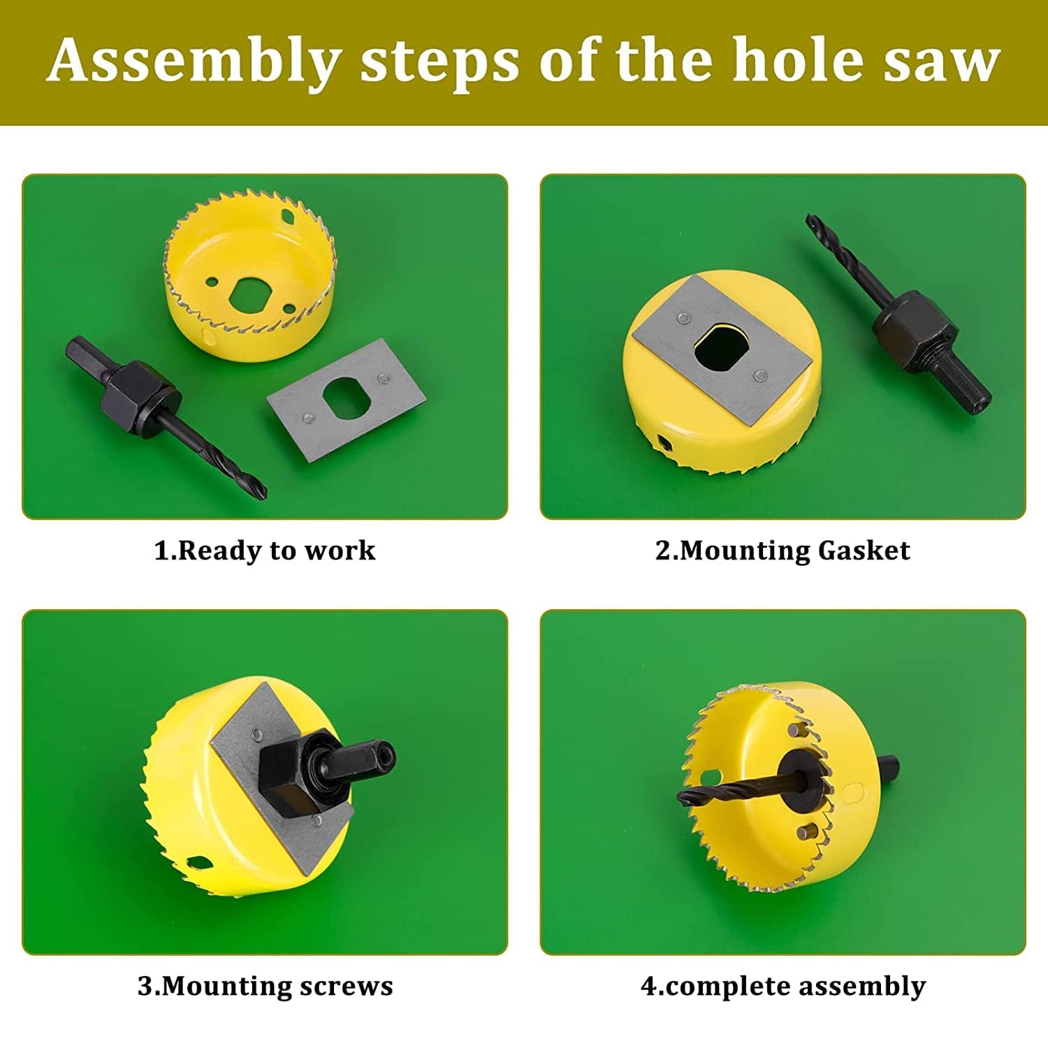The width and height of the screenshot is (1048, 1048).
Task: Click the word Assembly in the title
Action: click(195, 61)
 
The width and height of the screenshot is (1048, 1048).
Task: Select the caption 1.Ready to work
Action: click(265, 551)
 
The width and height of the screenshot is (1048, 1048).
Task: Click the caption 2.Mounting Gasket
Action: click(783, 551)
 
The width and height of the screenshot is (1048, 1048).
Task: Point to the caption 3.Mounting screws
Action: click(265, 986)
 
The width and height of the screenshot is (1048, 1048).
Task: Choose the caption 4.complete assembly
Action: click(783, 987)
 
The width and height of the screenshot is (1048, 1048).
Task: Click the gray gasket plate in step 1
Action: click(347, 399)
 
